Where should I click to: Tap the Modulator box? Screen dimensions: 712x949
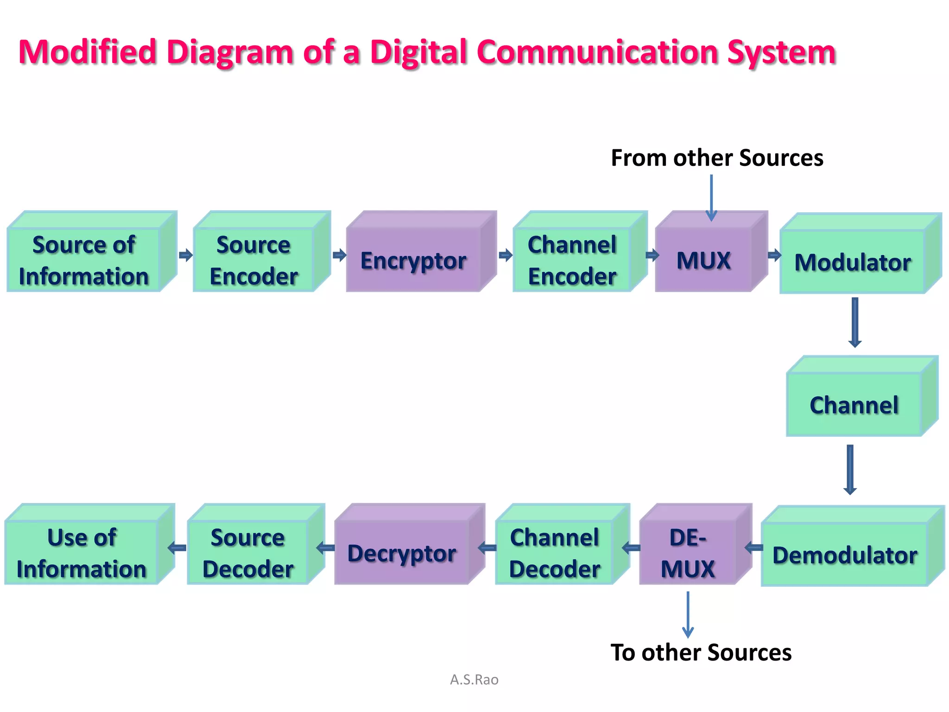853,262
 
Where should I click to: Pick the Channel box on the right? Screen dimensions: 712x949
854,405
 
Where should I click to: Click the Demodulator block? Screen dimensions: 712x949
845,554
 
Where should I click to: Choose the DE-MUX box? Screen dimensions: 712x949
688,553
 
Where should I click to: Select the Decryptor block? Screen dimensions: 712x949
402,553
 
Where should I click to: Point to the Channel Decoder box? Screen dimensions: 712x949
554,553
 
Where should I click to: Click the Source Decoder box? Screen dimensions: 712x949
248,553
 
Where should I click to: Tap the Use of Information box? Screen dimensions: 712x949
82,553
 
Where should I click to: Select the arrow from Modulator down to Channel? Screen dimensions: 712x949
855,322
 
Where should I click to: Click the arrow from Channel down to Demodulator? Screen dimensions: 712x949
850,469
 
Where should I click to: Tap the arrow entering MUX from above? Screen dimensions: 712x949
711,197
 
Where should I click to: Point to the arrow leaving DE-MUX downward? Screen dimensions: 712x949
688,614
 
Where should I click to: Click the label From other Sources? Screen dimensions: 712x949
717,158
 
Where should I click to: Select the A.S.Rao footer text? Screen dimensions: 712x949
474,680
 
